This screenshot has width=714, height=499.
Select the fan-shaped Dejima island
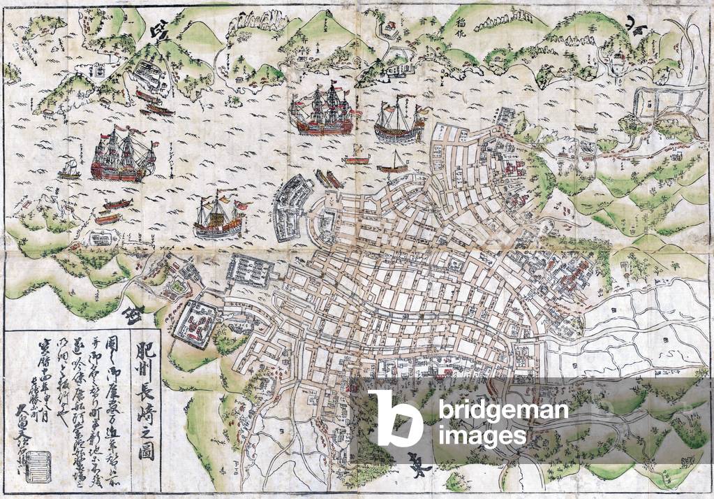294,208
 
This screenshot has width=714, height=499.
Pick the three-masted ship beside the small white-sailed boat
122,155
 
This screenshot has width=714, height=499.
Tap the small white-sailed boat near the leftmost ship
70,168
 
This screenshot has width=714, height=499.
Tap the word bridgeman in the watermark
503,410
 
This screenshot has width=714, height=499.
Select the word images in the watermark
482,437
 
